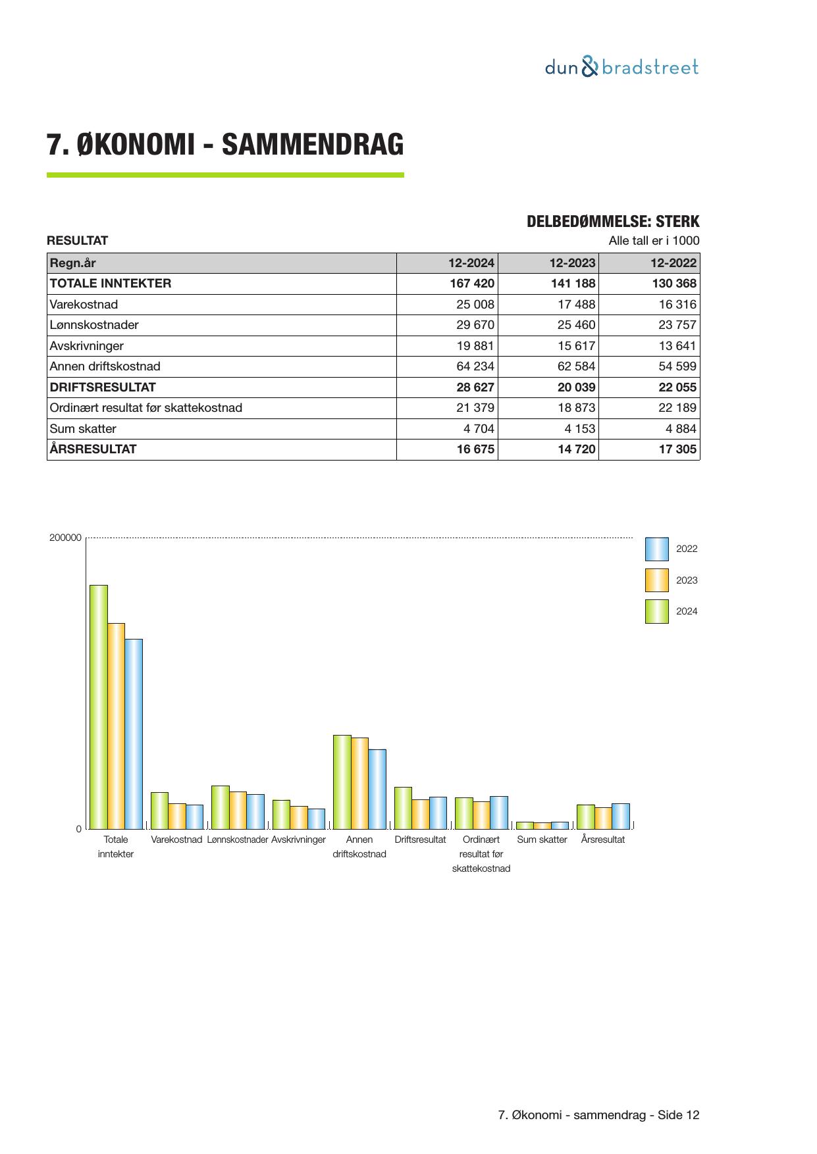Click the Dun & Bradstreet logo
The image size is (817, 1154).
click(x=621, y=67)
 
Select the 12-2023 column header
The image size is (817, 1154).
click(x=572, y=263)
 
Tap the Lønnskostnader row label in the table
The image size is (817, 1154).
click(x=94, y=325)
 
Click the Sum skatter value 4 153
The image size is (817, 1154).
click(x=579, y=429)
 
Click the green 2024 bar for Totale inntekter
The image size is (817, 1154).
click(x=99, y=707)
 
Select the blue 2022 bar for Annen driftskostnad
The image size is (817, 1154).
click(x=377, y=789)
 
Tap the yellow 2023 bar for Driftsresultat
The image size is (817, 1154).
click(x=421, y=814)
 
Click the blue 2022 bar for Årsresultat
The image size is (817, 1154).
click(x=621, y=816)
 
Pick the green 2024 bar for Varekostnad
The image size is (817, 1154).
click(x=159, y=811)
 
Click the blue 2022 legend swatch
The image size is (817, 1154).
click(x=656, y=549)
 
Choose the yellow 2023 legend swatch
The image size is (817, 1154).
click(x=656, y=580)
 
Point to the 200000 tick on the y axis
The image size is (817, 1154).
click(x=65, y=538)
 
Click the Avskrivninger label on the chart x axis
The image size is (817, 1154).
click(x=298, y=840)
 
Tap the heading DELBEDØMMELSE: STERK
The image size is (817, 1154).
click(x=613, y=222)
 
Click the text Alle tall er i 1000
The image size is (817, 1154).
click(x=654, y=241)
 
